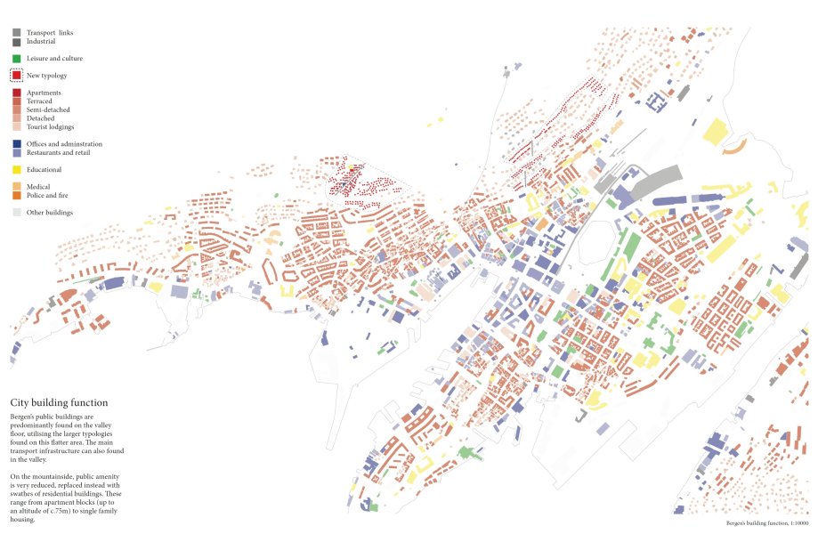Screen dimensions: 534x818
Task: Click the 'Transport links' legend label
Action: (50, 33)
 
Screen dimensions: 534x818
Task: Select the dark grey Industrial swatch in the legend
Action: (17, 41)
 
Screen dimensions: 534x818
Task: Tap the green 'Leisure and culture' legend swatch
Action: (17, 59)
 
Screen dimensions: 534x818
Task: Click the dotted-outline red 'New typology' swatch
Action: (17, 76)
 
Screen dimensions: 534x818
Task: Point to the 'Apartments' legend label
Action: (44, 93)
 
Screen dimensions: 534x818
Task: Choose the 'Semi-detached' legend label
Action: (48, 109)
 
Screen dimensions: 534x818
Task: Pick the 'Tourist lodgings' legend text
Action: (51, 126)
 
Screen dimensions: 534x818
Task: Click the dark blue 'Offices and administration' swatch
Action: (17, 143)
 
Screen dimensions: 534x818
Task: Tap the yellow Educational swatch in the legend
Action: (17, 169)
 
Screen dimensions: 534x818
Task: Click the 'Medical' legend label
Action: (39, 186)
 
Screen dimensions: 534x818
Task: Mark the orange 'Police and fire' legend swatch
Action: (17, 195)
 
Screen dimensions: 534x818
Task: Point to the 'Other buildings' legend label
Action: (50, 213)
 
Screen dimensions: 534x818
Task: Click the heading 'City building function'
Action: (59, 402)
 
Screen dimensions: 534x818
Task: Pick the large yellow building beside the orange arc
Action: (716, 132)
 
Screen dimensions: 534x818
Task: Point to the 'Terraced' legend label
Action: (39, 101)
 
